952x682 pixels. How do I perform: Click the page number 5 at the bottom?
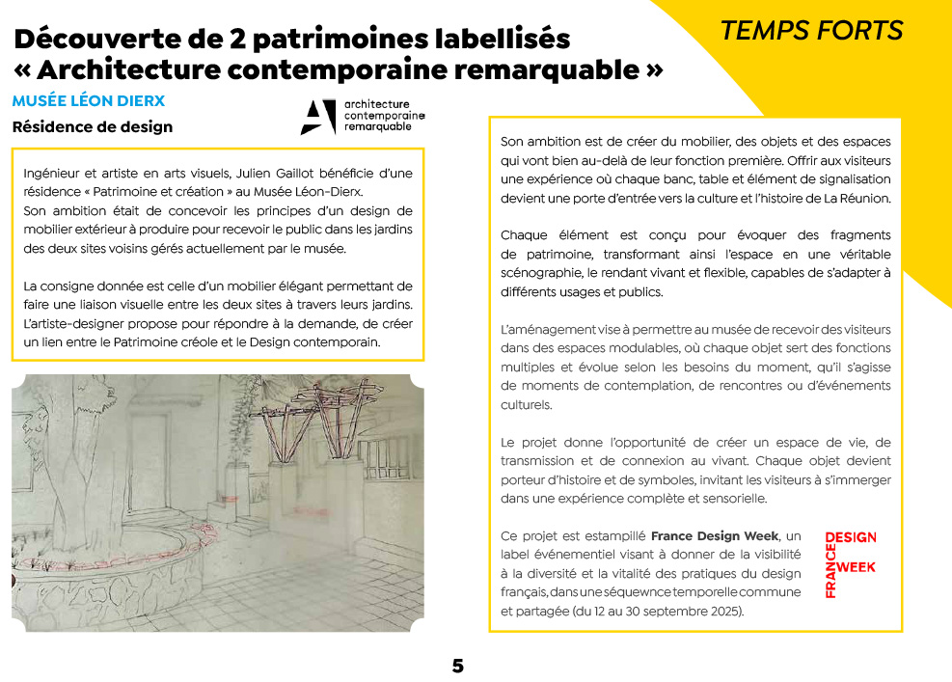(x=458, y=666)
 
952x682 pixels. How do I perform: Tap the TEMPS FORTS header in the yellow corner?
(x=811, y=31)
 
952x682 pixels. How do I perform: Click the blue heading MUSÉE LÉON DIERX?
(x=89, y=101)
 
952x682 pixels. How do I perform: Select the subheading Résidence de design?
(x=93, y=126)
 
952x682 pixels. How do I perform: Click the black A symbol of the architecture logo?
(x=317, y=116)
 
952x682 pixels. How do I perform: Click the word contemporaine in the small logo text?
(x=384, y=116)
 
